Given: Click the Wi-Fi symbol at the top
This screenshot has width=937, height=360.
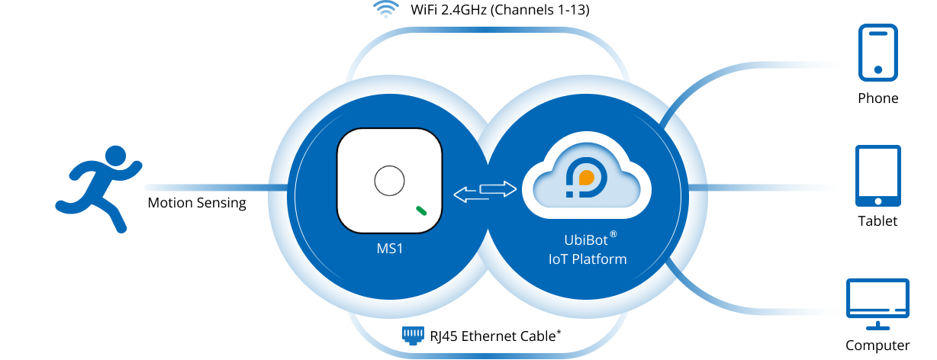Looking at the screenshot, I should click(386, 10).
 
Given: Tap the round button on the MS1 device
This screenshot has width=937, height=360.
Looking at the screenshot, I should click(388, 182).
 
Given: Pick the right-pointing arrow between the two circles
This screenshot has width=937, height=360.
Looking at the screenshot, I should click(498, 188).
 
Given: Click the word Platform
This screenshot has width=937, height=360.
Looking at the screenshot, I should click(600, 259).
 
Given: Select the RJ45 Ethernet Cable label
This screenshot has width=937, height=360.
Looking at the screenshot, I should click(495, 336).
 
